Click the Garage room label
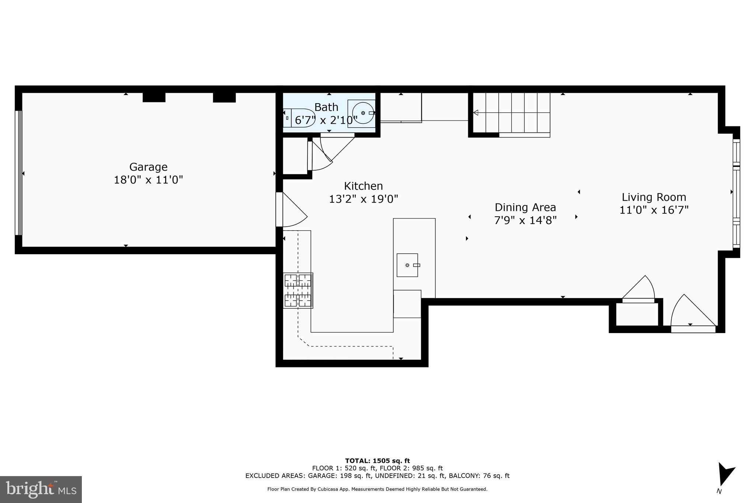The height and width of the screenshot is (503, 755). point(148,167)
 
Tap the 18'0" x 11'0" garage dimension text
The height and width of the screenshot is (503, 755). point(148,180)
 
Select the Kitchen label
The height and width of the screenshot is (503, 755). point(363,186)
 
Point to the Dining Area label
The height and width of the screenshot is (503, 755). point(525,207)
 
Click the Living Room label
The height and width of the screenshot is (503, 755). point(654,197)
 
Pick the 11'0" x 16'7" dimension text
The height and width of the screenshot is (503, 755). point(654,210)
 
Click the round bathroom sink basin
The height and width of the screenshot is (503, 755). point(363,113)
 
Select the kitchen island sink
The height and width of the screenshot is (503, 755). point(407,265)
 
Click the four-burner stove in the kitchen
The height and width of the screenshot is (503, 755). point(298,290)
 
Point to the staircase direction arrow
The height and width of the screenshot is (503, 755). point(476,112)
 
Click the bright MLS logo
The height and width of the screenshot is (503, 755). point(41,489)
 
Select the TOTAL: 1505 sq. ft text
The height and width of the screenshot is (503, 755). point(377,461)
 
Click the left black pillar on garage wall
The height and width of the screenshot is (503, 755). point(154,97)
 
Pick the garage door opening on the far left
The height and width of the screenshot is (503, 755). point(18,173)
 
